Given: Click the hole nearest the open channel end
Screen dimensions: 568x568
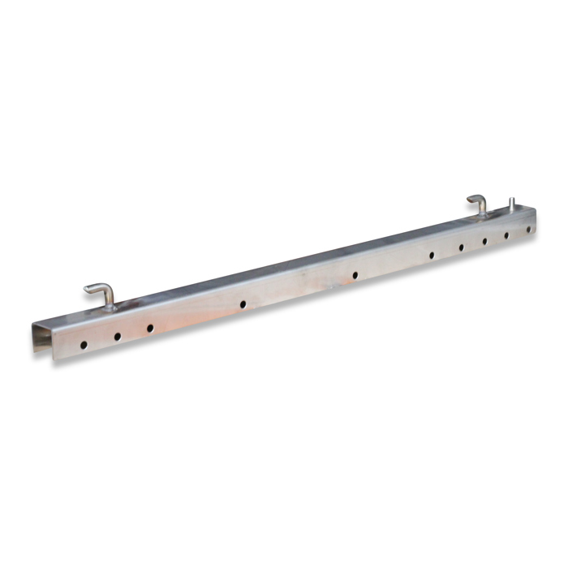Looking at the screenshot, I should pos(84,345).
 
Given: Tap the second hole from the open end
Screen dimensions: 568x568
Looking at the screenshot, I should pos(117,336).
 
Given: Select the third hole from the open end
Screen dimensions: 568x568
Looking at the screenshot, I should pos(150,328).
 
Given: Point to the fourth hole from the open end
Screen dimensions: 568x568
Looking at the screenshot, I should pos(243,304).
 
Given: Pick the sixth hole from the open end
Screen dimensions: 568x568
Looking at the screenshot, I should pos(432,255).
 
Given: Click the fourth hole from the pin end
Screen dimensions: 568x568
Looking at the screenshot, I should pos(461,247).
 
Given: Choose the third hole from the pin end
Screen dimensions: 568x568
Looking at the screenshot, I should pos(484,241).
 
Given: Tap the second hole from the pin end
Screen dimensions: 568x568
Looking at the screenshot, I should pos(506,235).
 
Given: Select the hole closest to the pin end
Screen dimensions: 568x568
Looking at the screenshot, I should pos(528,230).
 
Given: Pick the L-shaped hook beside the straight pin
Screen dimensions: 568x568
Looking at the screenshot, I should pos(478,204).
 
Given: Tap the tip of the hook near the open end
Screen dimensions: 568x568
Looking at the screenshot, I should pos(87,288).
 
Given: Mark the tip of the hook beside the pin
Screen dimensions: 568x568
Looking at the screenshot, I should pos(469,199).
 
